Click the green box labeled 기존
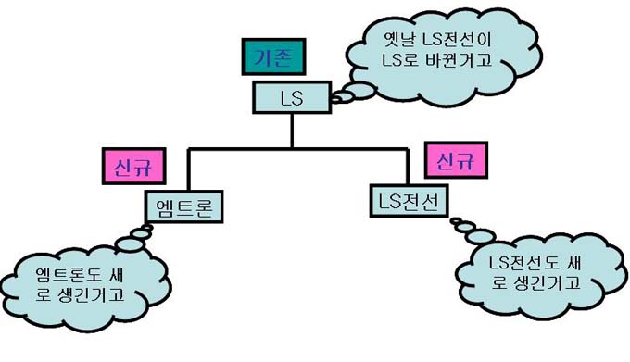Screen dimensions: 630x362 (x=273, y=56)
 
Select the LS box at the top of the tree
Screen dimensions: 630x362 (x=292, y=97)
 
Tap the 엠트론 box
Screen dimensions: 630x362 (x=184, y=206)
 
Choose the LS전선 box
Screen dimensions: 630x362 (x=409, y=201)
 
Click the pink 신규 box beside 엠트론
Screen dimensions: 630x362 (x=133, y=166)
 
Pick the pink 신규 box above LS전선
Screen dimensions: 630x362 (x=456, y=160)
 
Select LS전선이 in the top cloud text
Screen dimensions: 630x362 (x=457, y=40)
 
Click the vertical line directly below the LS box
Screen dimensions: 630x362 (x=292, y=131)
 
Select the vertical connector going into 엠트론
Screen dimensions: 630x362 (x=188, y=169)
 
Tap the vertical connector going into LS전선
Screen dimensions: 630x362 (x=408, y=167)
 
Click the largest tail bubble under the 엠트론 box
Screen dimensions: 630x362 (x=129, y=243)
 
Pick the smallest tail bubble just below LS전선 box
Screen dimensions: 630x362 (x=456, y=220)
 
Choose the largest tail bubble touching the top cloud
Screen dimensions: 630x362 (x=360, y=91)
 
